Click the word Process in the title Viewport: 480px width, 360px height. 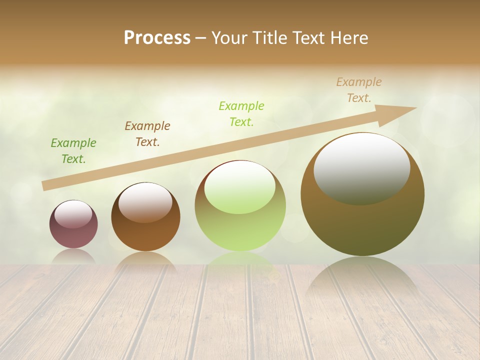(157, 37)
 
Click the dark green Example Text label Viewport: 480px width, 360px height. (73, 151)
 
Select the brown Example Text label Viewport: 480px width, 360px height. (147, 134)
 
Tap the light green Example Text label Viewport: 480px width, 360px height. (241, 113)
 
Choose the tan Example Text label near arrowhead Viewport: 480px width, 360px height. (359, 90)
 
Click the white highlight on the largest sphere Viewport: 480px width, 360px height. (361, 167)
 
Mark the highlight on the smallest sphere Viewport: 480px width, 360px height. (73, 213)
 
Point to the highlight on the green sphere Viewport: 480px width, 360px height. (240, 186)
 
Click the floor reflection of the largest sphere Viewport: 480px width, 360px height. (362, 277)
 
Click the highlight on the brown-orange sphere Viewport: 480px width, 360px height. (145, 201)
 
